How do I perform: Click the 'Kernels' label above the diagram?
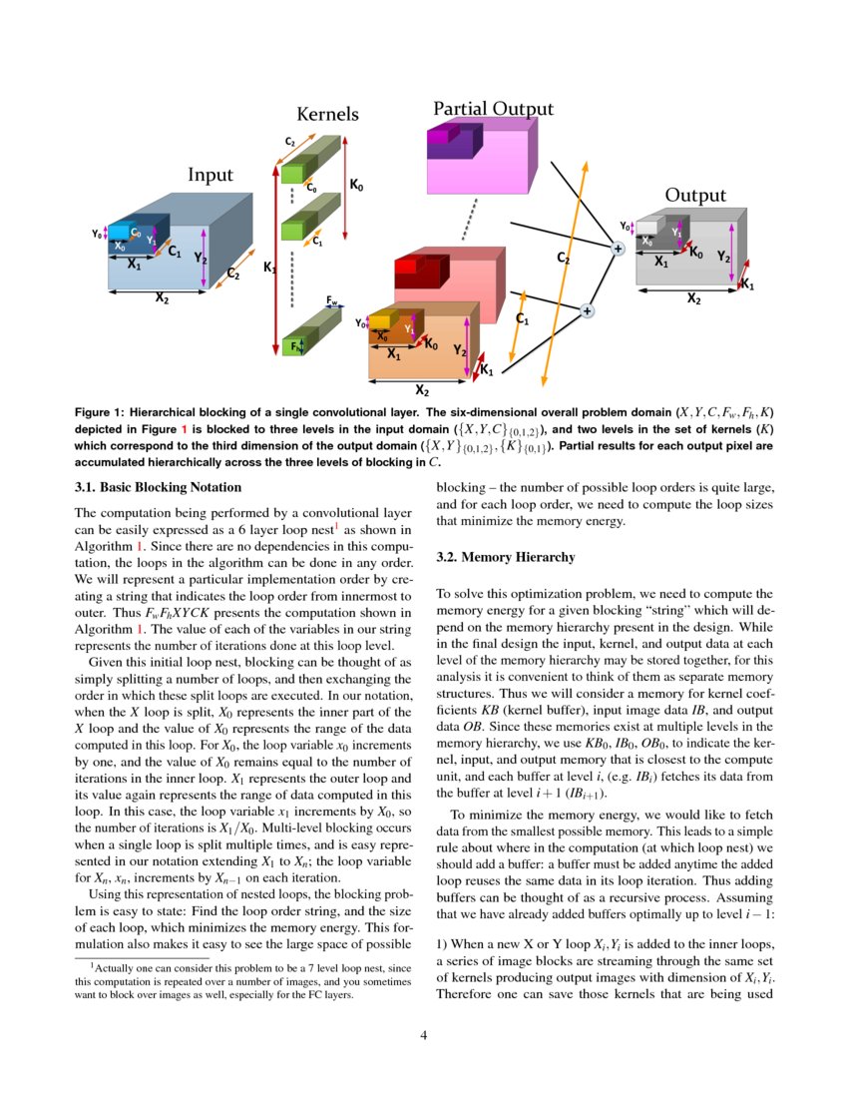pyautogui.click(x=328, y=115)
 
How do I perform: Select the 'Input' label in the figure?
pyautogui.click(x=211, y=175)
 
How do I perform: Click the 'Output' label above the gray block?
pyautogui.click(x=695, y=196)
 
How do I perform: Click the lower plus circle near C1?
pyautogui.click(x=587, y=311)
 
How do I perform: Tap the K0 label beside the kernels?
pyautogui.click(x=355, y=185)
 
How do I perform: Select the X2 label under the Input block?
pyautogui.click(x=162, y=297)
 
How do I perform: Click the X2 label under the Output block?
pyautogui.click(x=692, y=298)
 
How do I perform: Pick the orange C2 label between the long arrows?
pyautogui.click(x=563, y=258)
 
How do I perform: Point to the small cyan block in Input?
pyautogui.click(x=120, y=232)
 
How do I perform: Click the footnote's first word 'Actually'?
pyautogui.click(x=115, y=967)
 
